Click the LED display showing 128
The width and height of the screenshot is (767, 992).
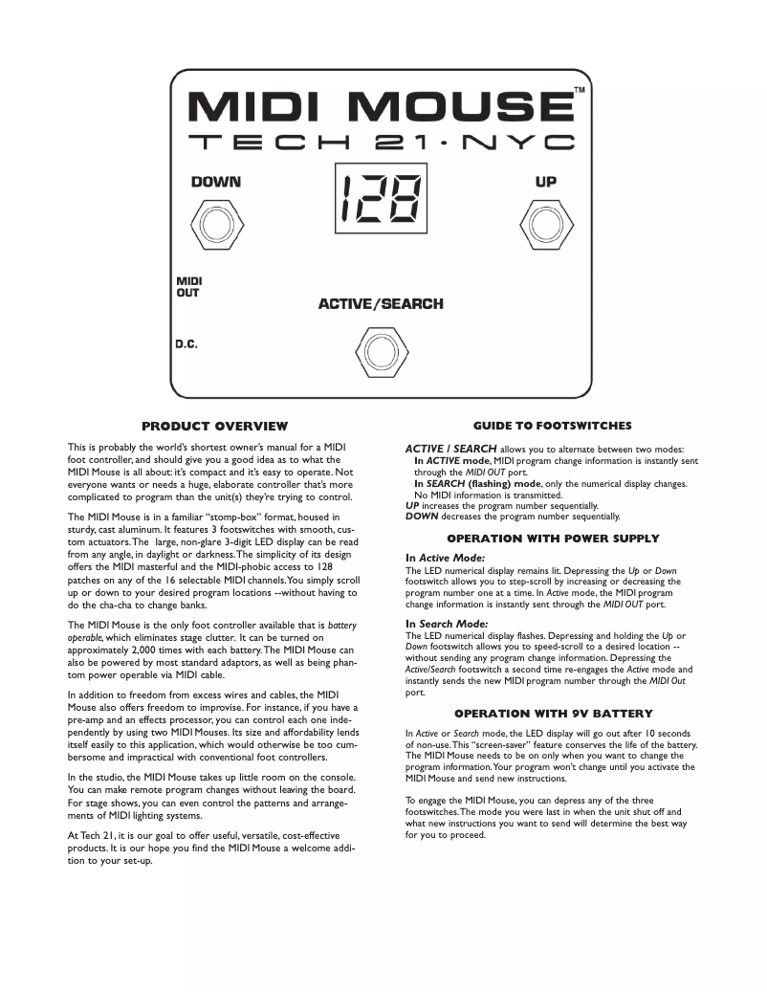point(381,199)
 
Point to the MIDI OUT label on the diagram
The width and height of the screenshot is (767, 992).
point(188,287)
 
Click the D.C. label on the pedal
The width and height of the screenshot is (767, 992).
point(186,344)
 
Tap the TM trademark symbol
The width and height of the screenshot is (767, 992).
point(580,91)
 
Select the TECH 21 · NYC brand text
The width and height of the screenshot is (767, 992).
point(382,143)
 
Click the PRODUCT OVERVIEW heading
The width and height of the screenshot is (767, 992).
point(214,426)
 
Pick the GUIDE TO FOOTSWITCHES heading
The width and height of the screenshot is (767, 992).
point(552,425)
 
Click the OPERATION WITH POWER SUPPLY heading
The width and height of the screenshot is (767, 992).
point(553,539)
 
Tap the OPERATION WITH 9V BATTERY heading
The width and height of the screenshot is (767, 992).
point(553,714)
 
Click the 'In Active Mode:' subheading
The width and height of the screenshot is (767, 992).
point(445,557)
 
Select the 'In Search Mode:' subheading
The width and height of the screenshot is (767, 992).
point(447,624)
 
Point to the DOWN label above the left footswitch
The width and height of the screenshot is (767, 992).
point(215,182)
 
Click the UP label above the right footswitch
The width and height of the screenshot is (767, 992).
point(546,182)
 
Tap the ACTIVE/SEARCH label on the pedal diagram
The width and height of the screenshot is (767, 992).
point(381,304)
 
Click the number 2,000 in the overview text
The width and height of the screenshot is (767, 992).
point(151,650)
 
